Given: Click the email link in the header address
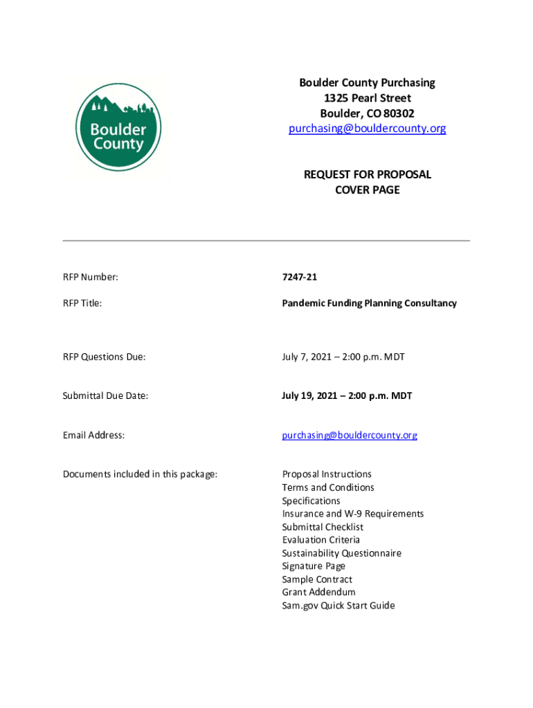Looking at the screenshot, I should (367, 129).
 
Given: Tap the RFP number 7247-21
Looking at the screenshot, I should (299, 277).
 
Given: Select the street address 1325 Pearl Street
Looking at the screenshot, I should (367, 98).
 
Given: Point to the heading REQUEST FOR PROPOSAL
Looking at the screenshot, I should (367, 174).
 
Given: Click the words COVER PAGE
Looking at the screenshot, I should (367, 189).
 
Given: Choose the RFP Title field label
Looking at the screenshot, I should (82, 303).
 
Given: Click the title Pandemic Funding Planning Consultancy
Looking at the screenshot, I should (369, 303).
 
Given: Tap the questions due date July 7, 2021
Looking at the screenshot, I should (343, 357).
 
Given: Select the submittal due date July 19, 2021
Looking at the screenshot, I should (346, 396).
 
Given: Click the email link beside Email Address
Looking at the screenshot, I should (350, 435).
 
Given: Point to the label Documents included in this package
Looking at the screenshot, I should (140, 474).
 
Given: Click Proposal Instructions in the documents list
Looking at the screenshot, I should (326, 474).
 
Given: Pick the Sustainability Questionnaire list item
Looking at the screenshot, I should (341, 553).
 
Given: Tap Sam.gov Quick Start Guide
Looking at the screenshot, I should (338, 606).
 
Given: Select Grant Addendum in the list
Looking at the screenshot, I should (318, 593).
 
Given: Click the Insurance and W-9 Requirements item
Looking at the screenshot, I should (352, 514).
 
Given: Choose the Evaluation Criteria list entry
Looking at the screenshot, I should (320, 540).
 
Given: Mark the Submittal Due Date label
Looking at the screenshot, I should (105, 396).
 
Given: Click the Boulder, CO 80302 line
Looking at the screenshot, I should (367, 113).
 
